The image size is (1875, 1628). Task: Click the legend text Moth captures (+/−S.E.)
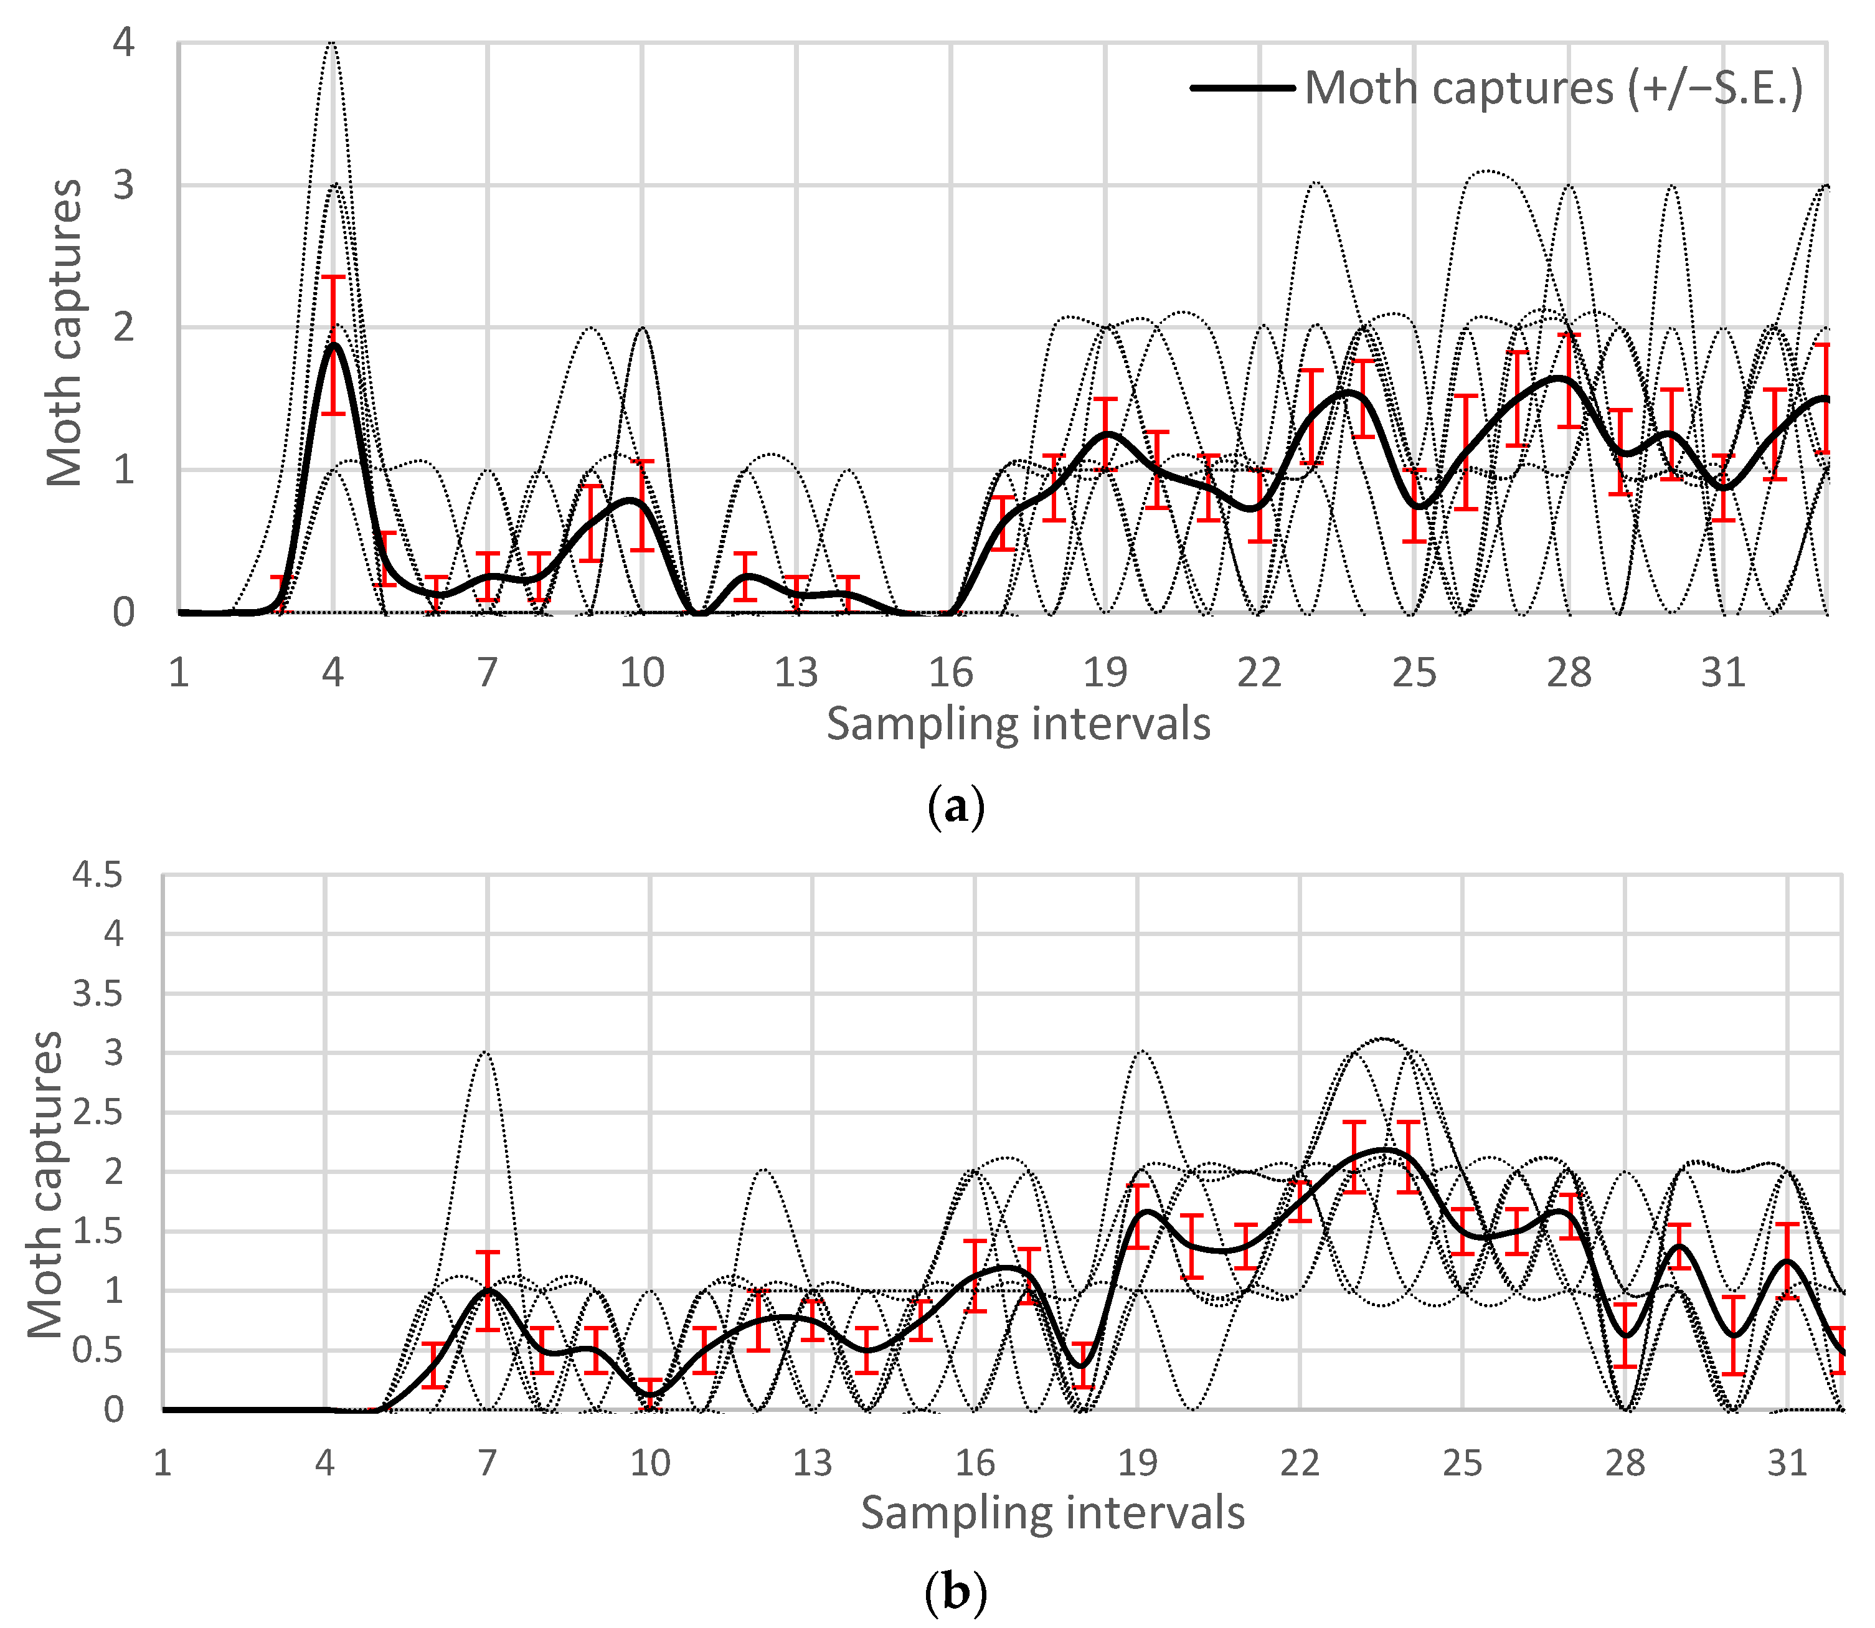[x=1554, y=88]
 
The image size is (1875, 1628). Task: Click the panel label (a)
[x=956, y=806]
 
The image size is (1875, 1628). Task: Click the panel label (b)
[x=956, y=1593]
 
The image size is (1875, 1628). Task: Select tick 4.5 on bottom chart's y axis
[x=97, y=876]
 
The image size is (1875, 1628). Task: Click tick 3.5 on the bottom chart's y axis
[x=97, y=994]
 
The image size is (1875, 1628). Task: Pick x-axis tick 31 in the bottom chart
[x=1787, y=1463]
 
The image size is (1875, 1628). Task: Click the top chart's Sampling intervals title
[x=1018, y=725]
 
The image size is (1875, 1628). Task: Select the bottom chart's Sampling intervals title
[x=1052, y=1513]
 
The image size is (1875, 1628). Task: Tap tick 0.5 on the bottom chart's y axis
[x=97, y=1350]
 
